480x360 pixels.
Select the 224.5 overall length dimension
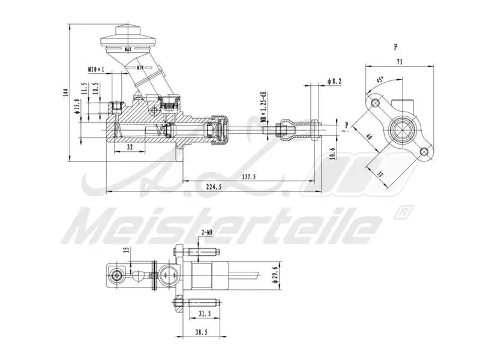coord(213,187)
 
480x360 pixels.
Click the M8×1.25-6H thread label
coord(263,107)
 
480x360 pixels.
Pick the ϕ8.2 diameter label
coord(334,81)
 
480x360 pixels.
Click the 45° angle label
coord(380,80)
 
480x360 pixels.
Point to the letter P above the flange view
coord(395,46)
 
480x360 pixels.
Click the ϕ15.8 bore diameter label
coord(77,106)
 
